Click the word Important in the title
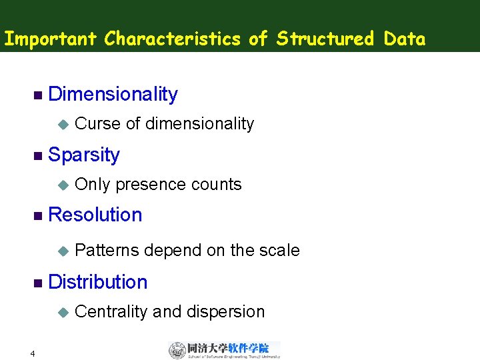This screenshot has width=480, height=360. click(x=51, y=39)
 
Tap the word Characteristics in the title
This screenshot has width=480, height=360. click(x=173, y=39)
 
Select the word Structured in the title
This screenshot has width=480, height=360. click(x=325, y=39)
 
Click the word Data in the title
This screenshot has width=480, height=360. click(x=405, y=39)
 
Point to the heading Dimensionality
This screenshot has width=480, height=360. click(x=113, y=95)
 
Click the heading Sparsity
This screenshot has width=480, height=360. click(x=84, y=155)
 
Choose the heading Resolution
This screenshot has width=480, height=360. click(x=95, y=215)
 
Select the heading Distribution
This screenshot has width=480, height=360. click(x=98, y=282)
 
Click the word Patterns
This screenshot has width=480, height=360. click(x=107, y=251)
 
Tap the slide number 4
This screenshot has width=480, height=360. click(x=32, y=353)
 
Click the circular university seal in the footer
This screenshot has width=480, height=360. click(x=177, y=350)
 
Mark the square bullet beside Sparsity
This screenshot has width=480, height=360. click(x=37, y=155)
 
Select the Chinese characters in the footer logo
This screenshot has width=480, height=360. click(x=228, y=347)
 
